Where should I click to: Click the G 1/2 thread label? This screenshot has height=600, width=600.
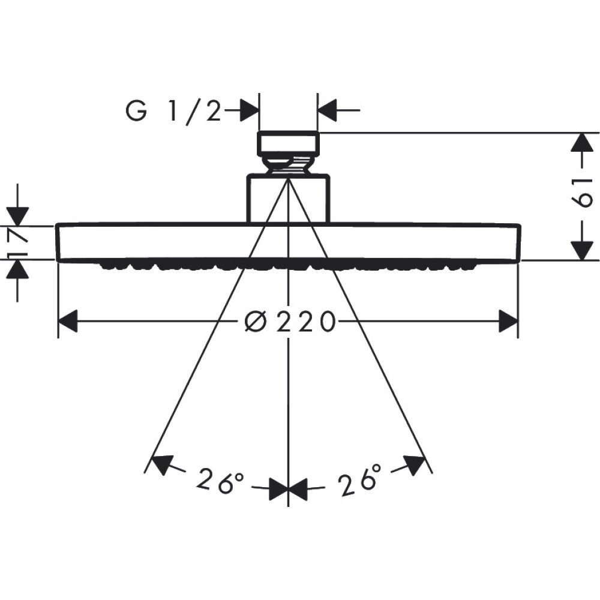click(173, 112)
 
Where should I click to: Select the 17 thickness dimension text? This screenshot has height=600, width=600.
click(17, 243)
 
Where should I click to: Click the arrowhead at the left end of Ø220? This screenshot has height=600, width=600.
click(68, 322)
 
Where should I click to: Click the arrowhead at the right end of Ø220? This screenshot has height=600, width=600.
click(508, 322)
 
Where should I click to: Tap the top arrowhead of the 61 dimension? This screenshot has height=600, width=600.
click(579, 142)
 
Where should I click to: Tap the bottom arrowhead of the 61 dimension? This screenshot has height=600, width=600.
click(579, 251)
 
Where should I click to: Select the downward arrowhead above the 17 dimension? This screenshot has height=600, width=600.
click(17, 215)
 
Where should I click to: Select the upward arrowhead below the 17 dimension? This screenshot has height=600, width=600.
click(17, 271)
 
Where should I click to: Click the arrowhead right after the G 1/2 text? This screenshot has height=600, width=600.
click(249, 111)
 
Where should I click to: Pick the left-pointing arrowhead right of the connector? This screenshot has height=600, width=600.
click(328, 111)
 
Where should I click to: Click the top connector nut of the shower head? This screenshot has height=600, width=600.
click(289, 143)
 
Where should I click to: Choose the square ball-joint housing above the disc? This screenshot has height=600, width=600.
click(289, 199)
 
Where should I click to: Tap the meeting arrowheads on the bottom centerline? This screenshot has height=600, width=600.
click(289, 488)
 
